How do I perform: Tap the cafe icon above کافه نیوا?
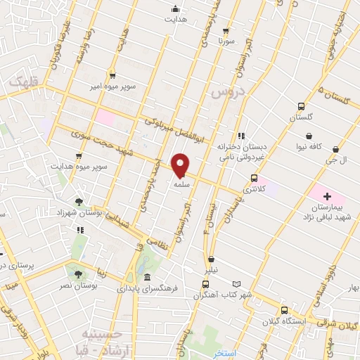(309, 136)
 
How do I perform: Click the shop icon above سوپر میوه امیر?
(112, 75)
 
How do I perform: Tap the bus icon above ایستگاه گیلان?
(284, 310)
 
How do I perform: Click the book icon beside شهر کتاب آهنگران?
(236, 284)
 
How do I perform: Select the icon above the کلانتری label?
(253, 178)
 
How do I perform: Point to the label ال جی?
(340, 160)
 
